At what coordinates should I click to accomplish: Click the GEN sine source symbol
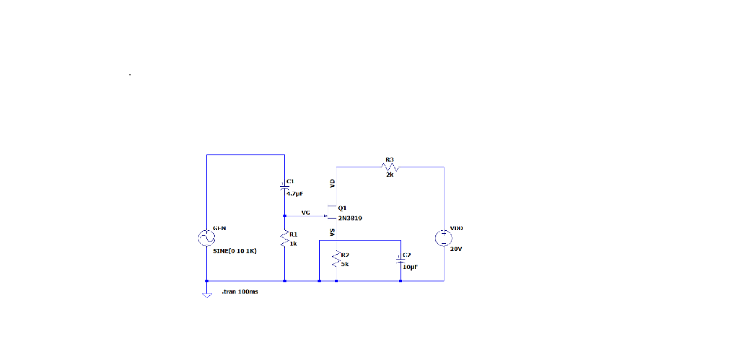[x=206, y=237]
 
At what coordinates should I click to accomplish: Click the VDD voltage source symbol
[x=444, y=237]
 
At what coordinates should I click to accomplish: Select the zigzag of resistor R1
[x=285, y=239]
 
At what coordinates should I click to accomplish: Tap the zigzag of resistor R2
[x=336, y=259]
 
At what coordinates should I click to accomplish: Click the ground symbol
[x=206, y=294]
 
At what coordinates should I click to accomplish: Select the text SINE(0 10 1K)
[x=235, y=251]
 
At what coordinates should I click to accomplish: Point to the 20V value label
[x=455, y=249]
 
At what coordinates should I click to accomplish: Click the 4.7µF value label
[x=295, y=193]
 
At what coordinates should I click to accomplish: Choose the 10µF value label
[x=411, y=266]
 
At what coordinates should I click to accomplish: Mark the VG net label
[x=306, y=212]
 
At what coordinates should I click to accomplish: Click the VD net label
[x=332, y=183]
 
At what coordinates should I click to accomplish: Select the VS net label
[x=332, y=232]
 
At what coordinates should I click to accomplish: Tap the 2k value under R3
[x=390, y=175]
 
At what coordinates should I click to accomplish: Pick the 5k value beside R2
[x=345, y=264]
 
